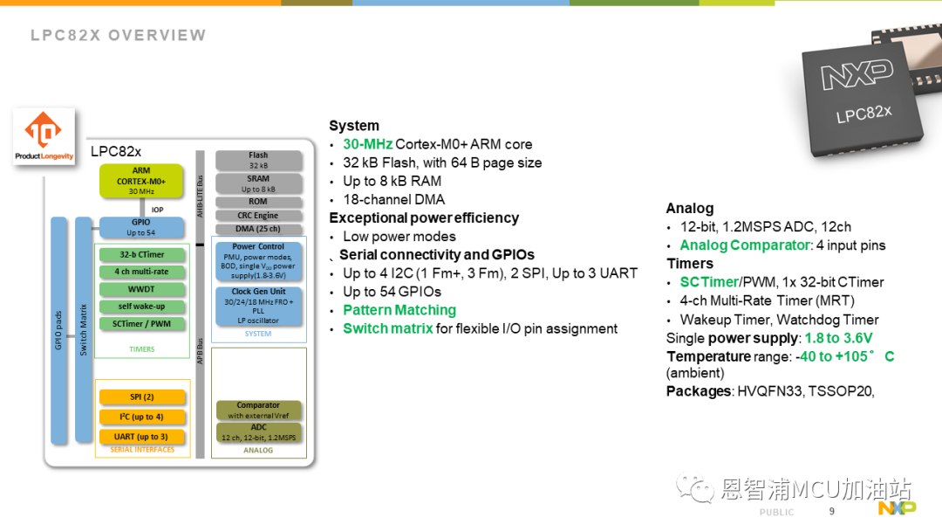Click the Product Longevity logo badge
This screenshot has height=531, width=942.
(44, 136)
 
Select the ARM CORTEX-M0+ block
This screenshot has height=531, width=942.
(141, 181)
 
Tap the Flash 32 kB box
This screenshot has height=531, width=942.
(258, 160)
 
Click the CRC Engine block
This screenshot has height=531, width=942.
(258, 216)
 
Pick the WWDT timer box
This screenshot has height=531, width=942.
(142, 289)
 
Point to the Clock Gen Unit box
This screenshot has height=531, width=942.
(258, 306)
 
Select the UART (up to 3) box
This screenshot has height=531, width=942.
(142, 437)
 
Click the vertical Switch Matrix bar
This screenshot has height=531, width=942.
(84, 330)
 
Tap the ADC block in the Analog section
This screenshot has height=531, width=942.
(258, 432)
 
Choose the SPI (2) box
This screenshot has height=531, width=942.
(142, 397)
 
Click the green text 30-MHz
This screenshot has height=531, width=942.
(368, 144)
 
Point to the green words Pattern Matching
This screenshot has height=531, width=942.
(399, 310)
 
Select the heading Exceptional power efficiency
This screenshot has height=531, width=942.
(424, 217)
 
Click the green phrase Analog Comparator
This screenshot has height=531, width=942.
(745, 245)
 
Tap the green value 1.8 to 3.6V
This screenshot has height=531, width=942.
(839, 338)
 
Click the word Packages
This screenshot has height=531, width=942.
(699, 391)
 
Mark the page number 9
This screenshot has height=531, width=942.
(832, 511)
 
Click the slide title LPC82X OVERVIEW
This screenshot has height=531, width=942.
(119, 36)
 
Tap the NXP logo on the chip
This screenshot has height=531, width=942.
(857, 74)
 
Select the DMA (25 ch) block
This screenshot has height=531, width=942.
(258, 229)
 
